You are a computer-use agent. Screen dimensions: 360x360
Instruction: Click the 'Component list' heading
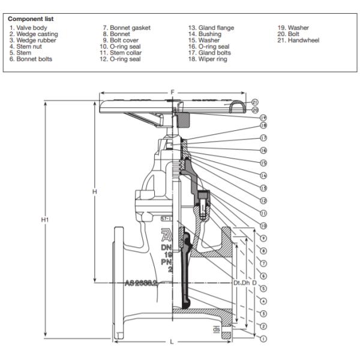pos(31,19)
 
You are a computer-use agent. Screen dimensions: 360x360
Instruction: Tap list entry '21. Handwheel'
pos(298,40)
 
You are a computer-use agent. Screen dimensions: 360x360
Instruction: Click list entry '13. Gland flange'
pos(211,28)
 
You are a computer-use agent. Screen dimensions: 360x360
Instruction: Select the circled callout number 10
pos(263,225)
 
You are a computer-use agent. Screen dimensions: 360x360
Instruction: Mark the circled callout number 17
pos(263,137)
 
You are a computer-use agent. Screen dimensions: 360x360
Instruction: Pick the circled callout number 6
pos(263,275)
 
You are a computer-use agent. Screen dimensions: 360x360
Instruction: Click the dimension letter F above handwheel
pos(173,92)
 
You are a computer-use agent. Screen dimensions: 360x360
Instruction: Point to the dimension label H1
pos(44,220)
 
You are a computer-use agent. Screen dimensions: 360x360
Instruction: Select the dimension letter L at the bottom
pos(172,343)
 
